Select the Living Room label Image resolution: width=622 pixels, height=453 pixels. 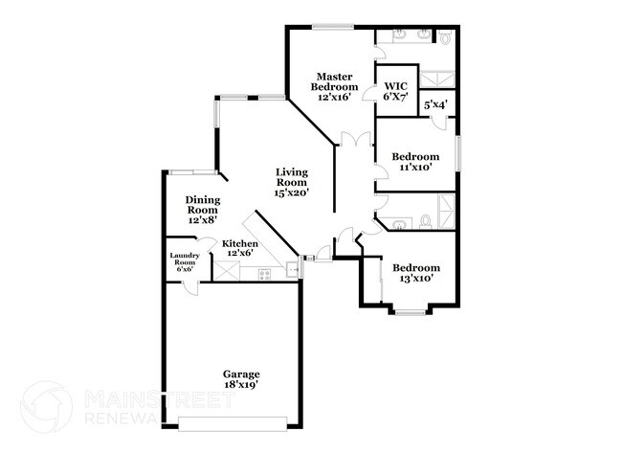[x=291, y=182]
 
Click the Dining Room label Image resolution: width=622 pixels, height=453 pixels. [x=203, y=210]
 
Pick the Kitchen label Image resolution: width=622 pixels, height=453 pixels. [x=239, y=249]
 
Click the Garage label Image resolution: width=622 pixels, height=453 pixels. [x=241, y=378]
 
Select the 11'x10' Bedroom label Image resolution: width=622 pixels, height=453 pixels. [x=415, y=161]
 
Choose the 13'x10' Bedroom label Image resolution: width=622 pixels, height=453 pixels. [x=416, y=273]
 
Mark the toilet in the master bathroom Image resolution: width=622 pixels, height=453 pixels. [x=444, y=37]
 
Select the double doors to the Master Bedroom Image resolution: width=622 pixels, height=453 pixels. [x=356, y=141]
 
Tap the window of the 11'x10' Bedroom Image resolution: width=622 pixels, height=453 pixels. [x=457, y=153]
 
